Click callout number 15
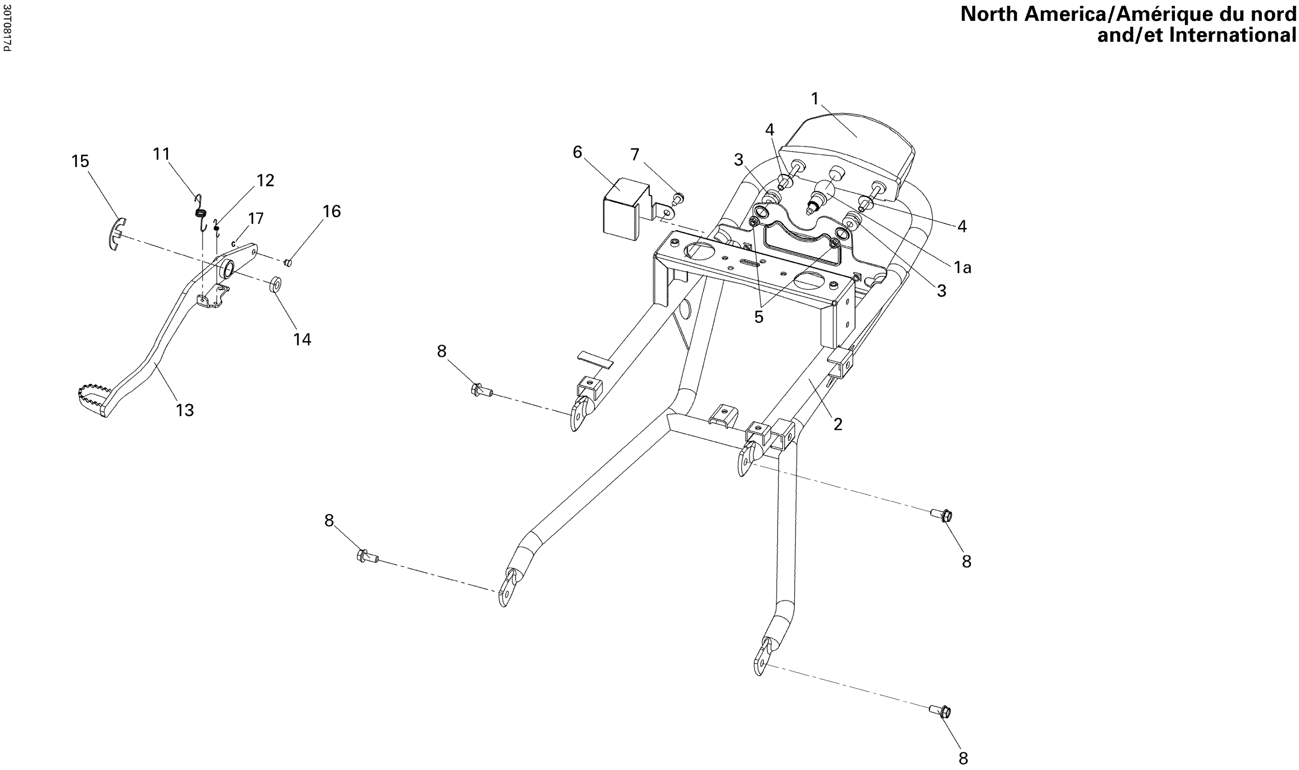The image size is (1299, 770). (81, 161)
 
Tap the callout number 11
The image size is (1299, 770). (161, 154)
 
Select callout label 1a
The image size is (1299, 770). (962, 268)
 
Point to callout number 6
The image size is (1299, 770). (577, 152)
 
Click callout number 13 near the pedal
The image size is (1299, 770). (185, 410)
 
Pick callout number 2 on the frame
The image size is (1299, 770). (837, 424)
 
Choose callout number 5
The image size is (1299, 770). (759, 317)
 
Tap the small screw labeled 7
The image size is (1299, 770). (678, 197)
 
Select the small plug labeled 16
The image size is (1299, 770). (290, 263)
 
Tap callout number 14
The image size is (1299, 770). (302, 339)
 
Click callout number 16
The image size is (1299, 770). (332, 211)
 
